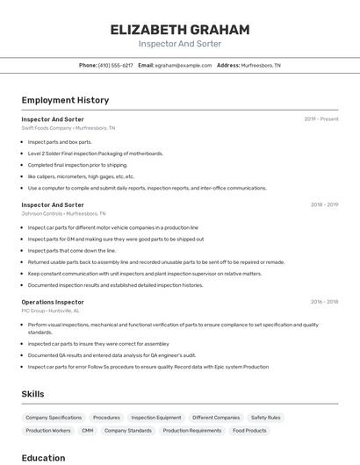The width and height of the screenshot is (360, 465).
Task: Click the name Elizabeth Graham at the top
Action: (x=180, y=30)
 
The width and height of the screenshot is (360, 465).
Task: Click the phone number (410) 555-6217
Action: (x=116, y=65)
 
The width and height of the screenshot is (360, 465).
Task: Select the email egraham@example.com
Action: (x=184, y=65)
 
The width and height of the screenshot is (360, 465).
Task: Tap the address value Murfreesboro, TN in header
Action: (x=261, y=65)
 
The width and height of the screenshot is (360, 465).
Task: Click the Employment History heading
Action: (x=65, y=100)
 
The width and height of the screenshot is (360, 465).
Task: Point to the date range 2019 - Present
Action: (x=321, y=119)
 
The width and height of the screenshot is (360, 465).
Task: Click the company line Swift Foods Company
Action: (x=68, y=128)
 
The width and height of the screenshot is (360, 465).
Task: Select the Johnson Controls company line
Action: (x=63, y=213)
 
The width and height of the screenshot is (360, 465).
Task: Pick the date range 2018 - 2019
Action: (x=324, y=204)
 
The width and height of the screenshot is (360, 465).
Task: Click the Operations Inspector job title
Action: (x=53, y=302)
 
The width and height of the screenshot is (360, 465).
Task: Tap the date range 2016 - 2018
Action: (x=324, y=302)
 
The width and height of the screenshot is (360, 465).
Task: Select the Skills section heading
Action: (x=32, y=394)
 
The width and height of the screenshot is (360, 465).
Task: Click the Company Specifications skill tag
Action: (x=54, y=418)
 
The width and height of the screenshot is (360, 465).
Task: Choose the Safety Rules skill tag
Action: (x=265, y=418)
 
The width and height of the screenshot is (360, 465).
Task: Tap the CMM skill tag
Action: (x=88, y=431)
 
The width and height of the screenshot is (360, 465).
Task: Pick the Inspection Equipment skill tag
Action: (x=156, y=418)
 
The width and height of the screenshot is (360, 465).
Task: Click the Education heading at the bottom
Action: (x=43, y=457)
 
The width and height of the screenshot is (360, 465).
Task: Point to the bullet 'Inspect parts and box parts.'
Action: (x=60, y=141)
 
